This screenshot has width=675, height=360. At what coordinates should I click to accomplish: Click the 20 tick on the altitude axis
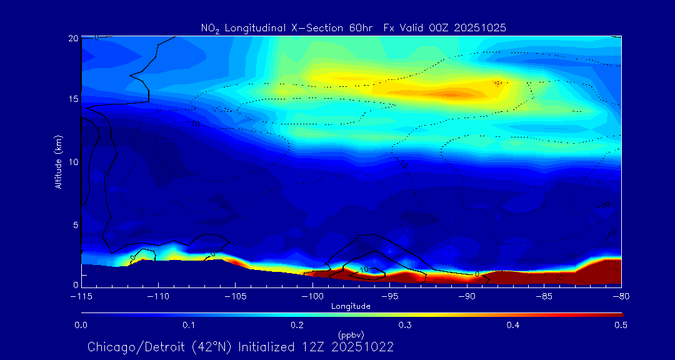73,38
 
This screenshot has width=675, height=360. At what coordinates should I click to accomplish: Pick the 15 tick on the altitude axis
73,99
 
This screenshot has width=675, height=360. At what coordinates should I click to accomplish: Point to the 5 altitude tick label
75,224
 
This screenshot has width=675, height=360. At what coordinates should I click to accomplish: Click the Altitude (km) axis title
58,162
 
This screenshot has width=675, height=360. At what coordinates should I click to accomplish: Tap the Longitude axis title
351,306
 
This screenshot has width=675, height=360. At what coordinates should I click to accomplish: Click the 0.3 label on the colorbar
405,325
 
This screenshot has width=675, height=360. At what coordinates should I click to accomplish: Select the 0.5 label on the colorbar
621,325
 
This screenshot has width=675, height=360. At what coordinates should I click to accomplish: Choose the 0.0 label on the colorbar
81,325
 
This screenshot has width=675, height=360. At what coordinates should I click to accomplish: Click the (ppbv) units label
351,335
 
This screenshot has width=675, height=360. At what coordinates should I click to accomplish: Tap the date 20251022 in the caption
363,347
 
